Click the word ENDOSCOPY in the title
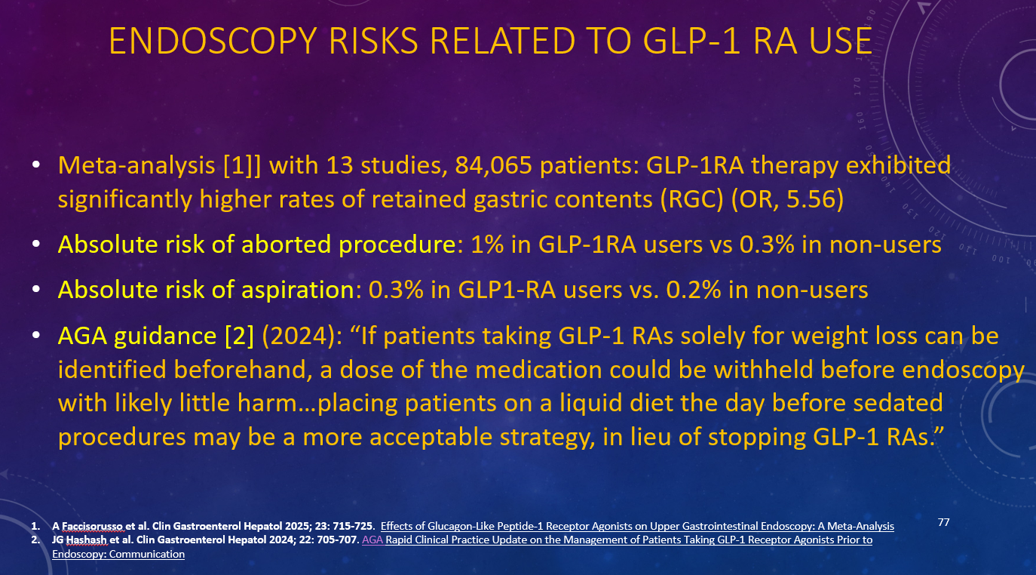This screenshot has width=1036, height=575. [215, 41]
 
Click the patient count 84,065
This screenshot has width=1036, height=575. [493, 165]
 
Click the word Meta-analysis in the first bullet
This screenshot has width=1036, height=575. [136, 165]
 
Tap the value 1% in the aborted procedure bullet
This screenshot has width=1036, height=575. [487, 244]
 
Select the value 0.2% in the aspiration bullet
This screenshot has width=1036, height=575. [693, 290]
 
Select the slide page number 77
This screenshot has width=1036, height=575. [943, 522]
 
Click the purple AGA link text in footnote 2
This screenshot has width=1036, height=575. [372, 540]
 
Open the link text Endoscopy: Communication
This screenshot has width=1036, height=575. [118, 554]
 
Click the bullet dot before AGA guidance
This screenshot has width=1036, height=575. [36, 335]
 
